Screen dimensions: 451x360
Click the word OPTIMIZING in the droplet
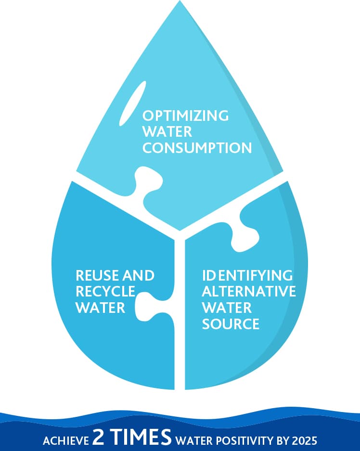tap(185, 116)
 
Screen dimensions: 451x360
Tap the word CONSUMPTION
tap(197, 148)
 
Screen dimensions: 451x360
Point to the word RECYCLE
tap(105, 292)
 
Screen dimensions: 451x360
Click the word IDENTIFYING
tap(247, 276)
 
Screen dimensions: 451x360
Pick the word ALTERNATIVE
tap(248, 292)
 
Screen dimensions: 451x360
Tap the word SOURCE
tap(231, 323)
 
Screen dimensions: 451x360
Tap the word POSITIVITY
tap(239, 440)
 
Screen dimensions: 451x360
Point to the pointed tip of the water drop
tap(180, 4)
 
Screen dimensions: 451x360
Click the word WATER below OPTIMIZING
tap(167, 132)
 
